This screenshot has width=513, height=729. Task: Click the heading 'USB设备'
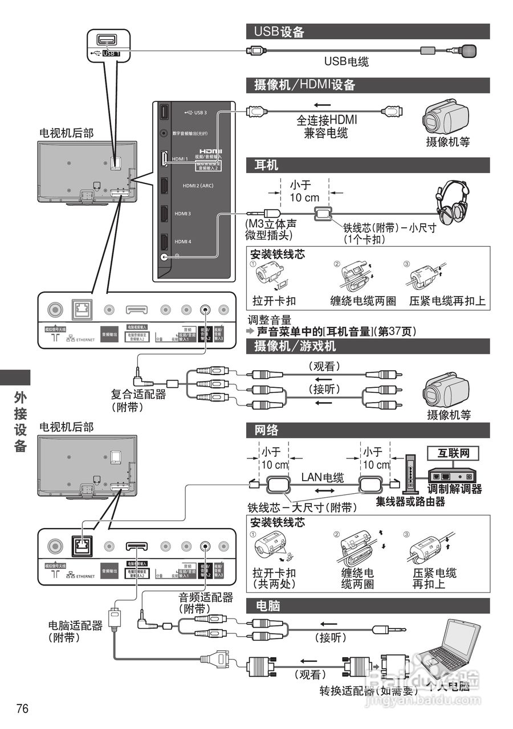279,31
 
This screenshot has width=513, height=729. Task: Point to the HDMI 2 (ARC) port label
198,186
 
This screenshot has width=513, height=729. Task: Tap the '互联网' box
453,454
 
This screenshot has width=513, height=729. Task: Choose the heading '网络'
267,430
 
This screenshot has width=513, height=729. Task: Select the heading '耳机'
266,165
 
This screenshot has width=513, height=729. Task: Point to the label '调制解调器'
455,489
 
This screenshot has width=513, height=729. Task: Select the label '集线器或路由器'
410,502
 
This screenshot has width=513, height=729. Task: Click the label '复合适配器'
139,394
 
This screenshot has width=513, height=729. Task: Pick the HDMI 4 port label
183,241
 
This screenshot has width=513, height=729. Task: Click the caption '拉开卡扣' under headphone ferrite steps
274,301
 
